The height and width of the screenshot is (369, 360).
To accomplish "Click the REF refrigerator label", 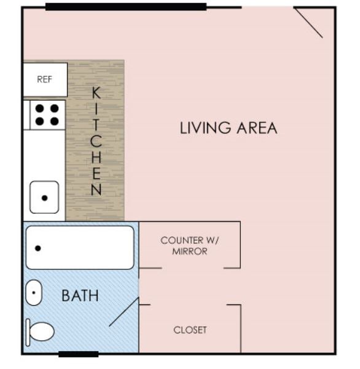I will pos(45,79).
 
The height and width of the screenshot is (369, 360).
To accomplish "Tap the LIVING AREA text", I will pos(229,129).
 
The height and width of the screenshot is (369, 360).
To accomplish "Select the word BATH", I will pos(80,296).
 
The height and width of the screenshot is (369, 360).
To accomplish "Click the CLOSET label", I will pos(190,330).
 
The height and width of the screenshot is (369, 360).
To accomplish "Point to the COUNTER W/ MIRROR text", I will pos(190,245).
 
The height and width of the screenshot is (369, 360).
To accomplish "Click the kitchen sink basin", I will pos(44,197).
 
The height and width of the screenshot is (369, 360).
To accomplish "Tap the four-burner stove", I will pos(47,114).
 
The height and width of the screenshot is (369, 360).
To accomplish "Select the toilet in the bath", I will pos(40,331).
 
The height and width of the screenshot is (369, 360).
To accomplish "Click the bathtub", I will pos(79,247).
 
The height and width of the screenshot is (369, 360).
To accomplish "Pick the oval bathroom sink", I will pos(34,293).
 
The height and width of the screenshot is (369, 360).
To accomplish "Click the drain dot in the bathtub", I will pos(37,248).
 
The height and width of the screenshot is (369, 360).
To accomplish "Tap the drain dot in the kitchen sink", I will pos(44,198).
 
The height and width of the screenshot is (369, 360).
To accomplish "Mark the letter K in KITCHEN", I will pos(96,93).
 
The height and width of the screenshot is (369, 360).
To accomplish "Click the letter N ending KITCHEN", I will pos(96,190).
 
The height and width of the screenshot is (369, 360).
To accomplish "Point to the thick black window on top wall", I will pos(125,7).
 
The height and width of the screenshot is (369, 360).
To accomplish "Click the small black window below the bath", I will pos(78,354).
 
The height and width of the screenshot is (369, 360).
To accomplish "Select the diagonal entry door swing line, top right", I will pos(308,23).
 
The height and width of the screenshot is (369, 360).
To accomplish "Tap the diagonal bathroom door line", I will pos(124,312).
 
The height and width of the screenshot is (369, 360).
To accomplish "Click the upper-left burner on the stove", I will pos(39,108).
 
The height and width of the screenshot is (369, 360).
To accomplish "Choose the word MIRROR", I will pos(190,252).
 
